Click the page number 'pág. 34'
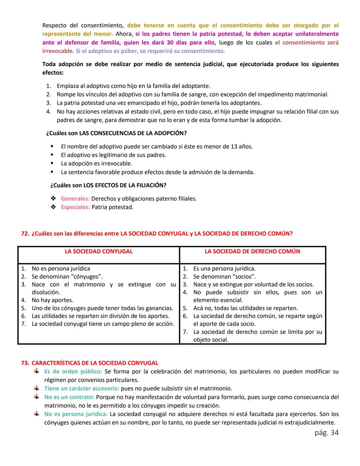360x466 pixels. tap(326, 433)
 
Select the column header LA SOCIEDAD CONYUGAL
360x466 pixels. tap(99, 252)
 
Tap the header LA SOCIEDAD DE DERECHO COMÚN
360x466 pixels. tap(252, 252)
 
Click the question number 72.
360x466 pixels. tap(25, 234)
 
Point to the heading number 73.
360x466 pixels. tap(25, 363)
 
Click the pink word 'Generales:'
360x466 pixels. tap(75, 198)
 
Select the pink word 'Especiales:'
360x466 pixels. tap(75, 207)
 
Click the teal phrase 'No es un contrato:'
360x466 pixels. tap(69, 397)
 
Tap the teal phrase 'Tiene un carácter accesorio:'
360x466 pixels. tap(82, 388)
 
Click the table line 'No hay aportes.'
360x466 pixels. tap(52, 300)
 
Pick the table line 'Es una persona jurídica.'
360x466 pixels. tap(224, 269)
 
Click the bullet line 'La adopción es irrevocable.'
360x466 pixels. tap(96, 163)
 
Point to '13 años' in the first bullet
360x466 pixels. tap(241, 146)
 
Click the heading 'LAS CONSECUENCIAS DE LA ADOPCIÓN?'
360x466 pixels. tap(133, 133)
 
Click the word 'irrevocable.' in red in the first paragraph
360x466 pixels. tap(58, 51)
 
